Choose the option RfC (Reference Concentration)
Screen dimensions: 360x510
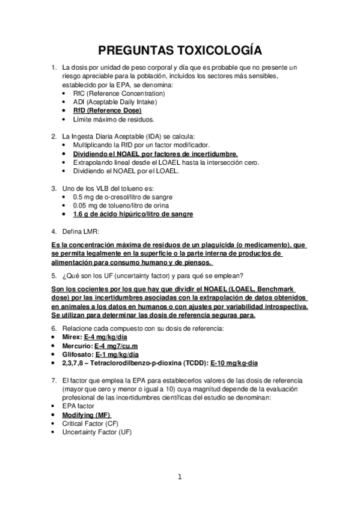pyautogui.click(x=118, y=94)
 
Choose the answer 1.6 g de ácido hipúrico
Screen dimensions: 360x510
pyautogui.click(x=133, y=214)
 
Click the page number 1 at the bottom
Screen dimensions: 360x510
pyautogui.click(x=179, y=478)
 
